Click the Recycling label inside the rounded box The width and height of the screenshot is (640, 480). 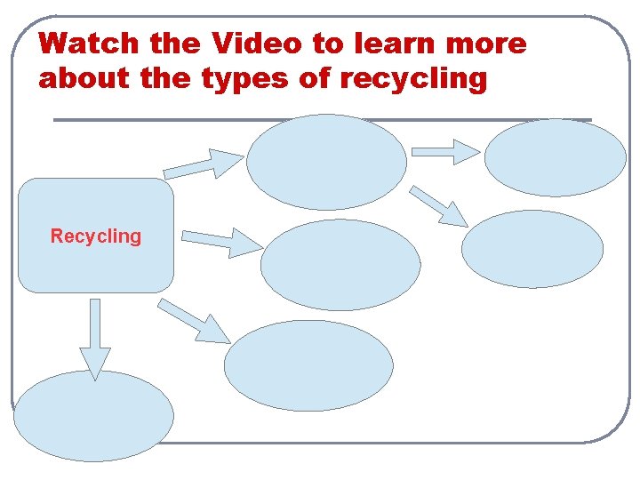pos(96,236)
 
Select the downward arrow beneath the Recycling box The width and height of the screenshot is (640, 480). pos(95,339)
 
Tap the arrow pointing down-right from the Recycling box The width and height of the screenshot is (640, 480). pos(195,321)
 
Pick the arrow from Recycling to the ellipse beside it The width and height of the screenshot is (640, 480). pos(222,241)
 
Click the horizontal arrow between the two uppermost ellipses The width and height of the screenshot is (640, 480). pos(446,152)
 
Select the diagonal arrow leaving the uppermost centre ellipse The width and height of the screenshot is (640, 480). pos(441,207)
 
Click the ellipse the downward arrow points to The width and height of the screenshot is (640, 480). pos(93,416)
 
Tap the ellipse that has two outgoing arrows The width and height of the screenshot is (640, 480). pos(326,162)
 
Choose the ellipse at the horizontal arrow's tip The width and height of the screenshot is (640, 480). pos(555,157)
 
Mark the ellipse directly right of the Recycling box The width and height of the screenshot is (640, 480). pos(340,264)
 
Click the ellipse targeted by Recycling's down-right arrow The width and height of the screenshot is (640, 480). pos(308,365)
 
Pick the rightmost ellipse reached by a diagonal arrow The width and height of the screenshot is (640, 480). pos(532,249)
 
